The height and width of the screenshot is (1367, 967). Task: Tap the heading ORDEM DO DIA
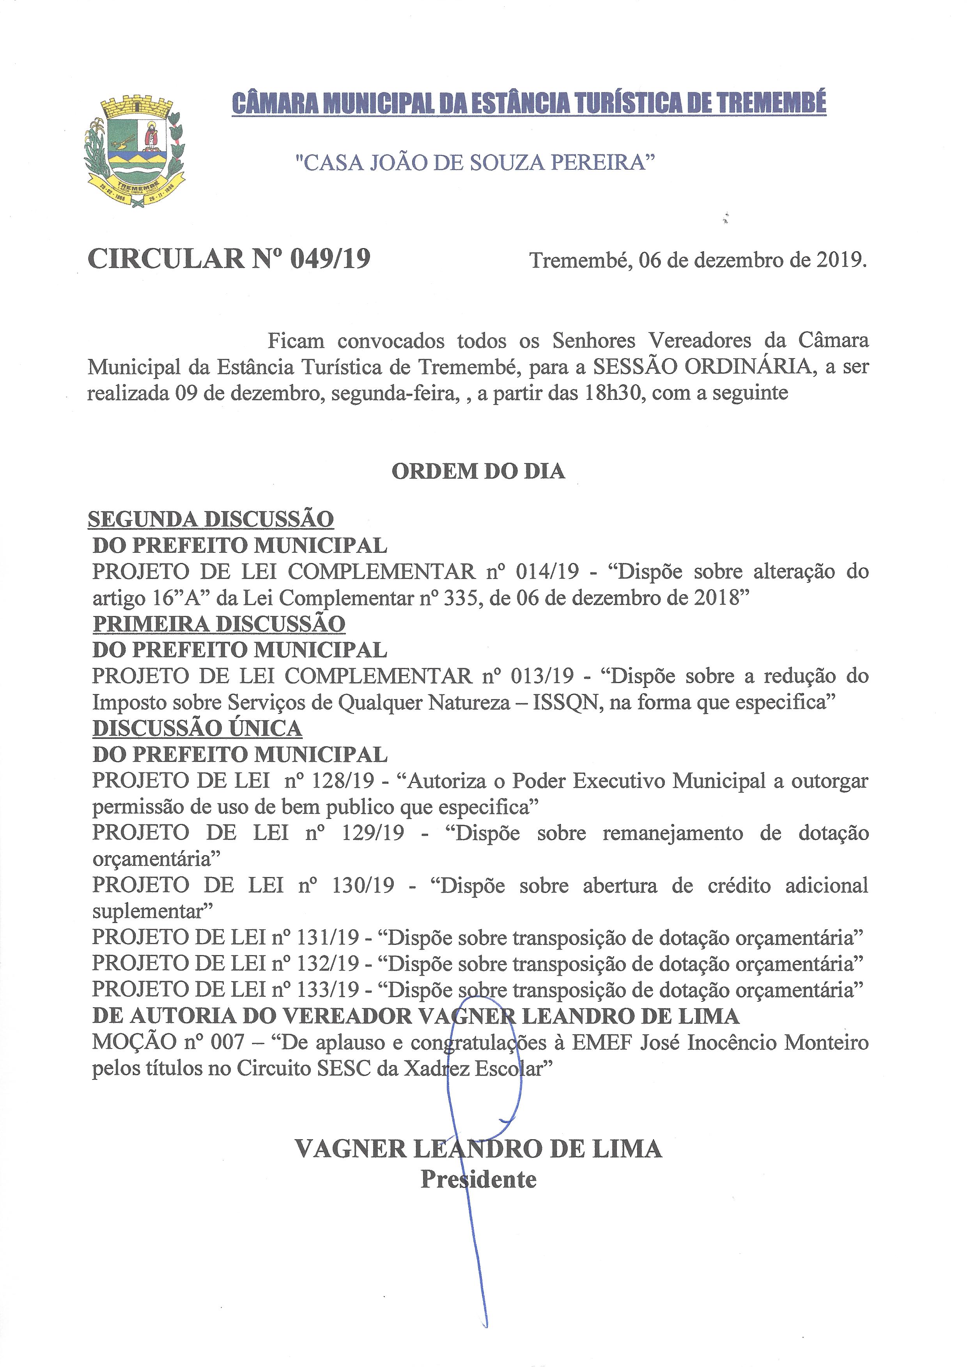(478, 471)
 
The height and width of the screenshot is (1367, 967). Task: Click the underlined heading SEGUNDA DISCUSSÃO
(211, 519)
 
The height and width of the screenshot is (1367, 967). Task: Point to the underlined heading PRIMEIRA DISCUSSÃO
(219, 624)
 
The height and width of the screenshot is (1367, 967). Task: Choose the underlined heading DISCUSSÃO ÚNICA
(198, 728)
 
